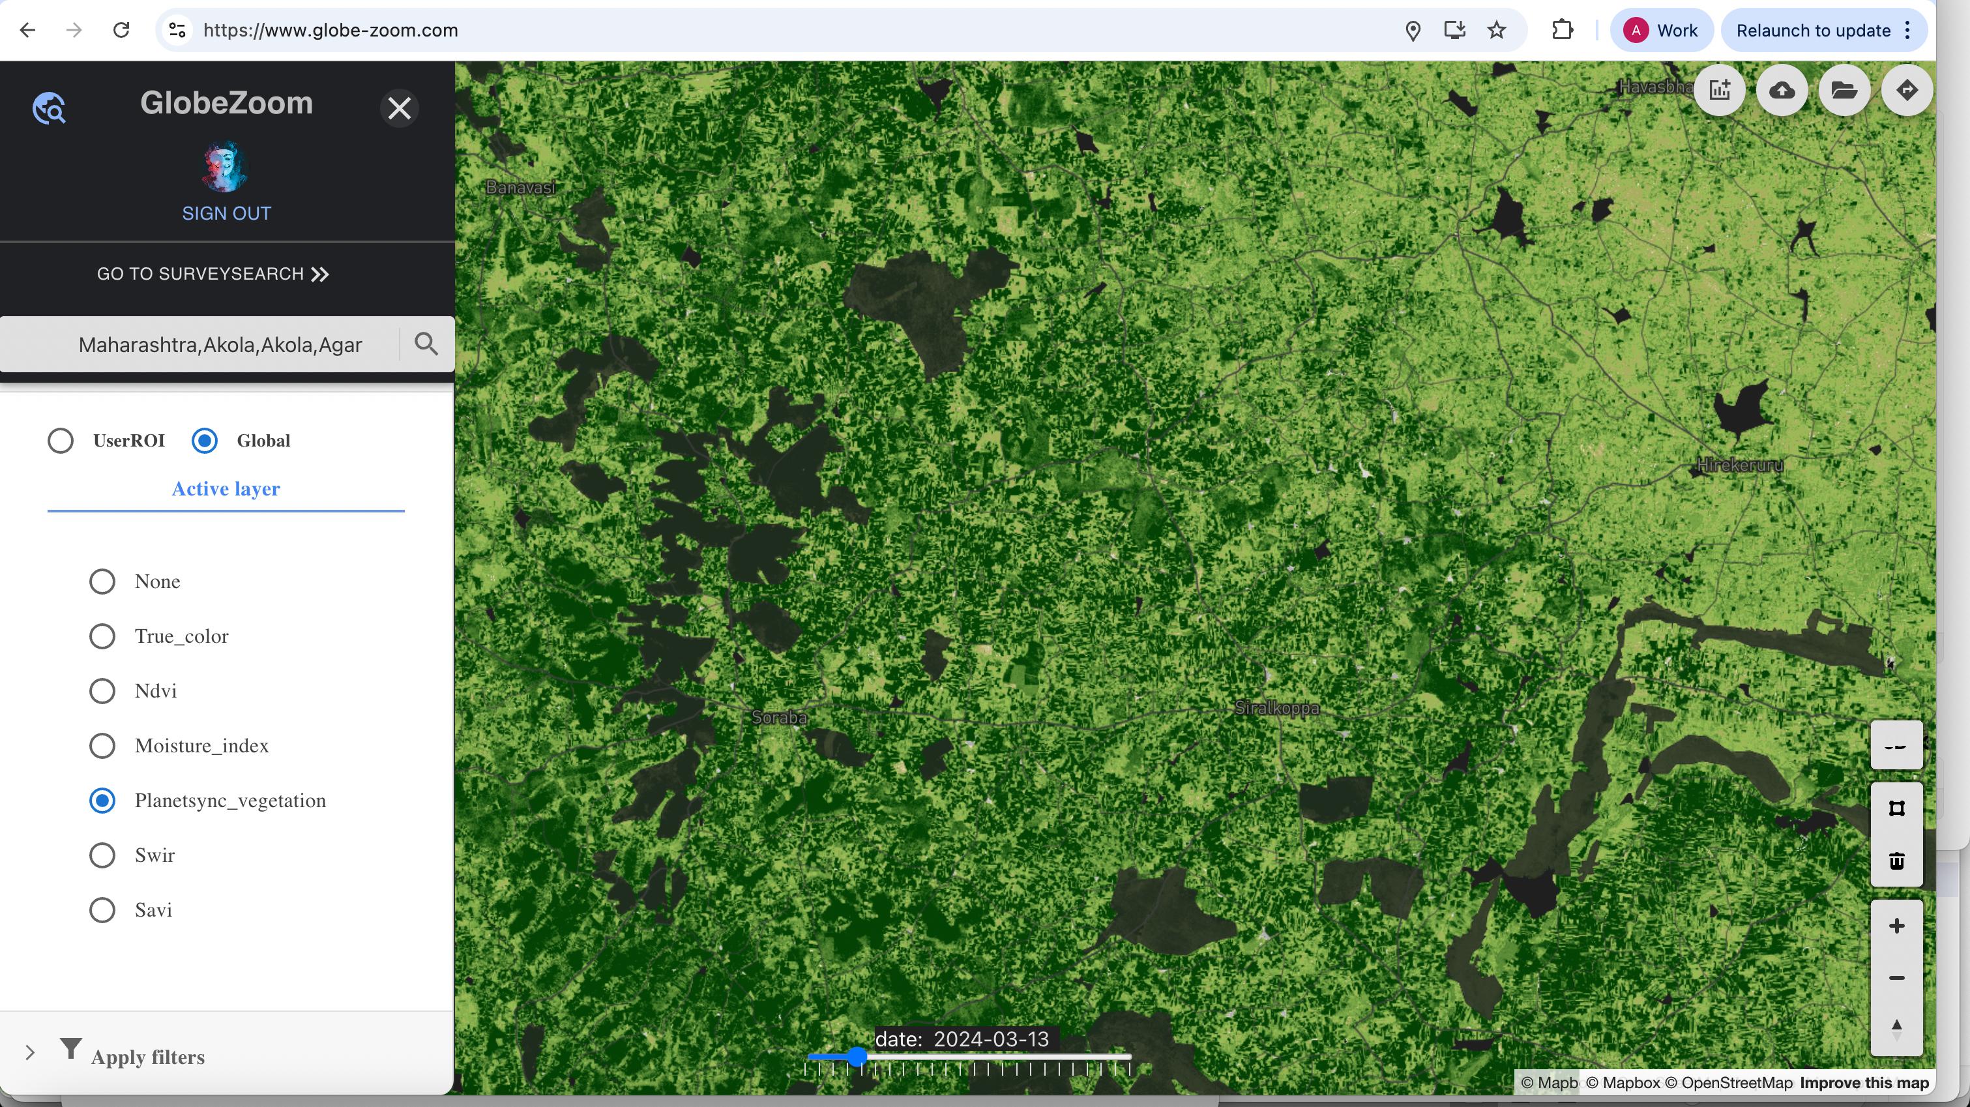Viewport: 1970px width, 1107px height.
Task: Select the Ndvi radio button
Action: pyautogui.click(x=102, y=691)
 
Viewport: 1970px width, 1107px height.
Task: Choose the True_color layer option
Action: pyautogui.click(x=102, y=636)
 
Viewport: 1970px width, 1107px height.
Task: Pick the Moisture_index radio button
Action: pyautogui.click(x=102, y=746)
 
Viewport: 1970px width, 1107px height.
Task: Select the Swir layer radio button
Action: pyautogui.click(x=102, y=855)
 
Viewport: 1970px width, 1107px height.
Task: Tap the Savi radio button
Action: pyautogui.click(x=102, y=910)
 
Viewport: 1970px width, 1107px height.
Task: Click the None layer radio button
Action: pyautogui.click(x=102, y=582)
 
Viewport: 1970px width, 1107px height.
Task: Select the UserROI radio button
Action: pyautogui.click(x=61, y=441)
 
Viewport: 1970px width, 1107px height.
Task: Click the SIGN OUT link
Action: pyautogui.click(x=226, y=213)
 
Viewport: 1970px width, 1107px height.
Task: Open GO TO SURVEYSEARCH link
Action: pyautogui.click(x=213, y=274)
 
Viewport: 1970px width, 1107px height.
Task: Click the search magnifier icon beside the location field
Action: pyautogui.click(x=426, y=344)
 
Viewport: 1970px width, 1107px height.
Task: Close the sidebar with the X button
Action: pyautogui.click(x=399, y=108)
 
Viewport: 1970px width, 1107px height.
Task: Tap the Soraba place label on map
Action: pyautogui.click(x=778, y=718)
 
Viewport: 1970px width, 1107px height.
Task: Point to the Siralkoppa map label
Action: pyautogui.click(x=1276, y=709)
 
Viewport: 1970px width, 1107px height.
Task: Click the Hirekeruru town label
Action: pyautogui.click(x=1740, y=465)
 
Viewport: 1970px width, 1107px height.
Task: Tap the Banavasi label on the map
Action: pyautogui.click(x=521, y=187)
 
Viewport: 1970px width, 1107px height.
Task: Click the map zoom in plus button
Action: pyautogui.click(x=1896, y=926)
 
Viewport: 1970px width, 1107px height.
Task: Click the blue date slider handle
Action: pyautogui.click(x=857, y=1057)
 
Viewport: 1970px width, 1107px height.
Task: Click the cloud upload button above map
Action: pyautogui.click(x=1782, y=90)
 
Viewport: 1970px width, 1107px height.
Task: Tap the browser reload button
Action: pyautogui.click(x=121, y=31)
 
